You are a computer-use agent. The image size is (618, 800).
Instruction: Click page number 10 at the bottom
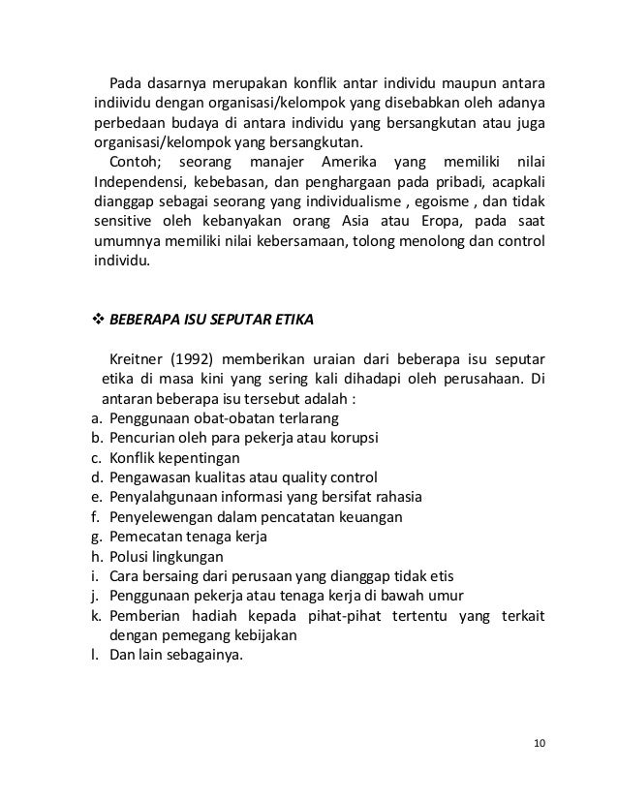(540, 743)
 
